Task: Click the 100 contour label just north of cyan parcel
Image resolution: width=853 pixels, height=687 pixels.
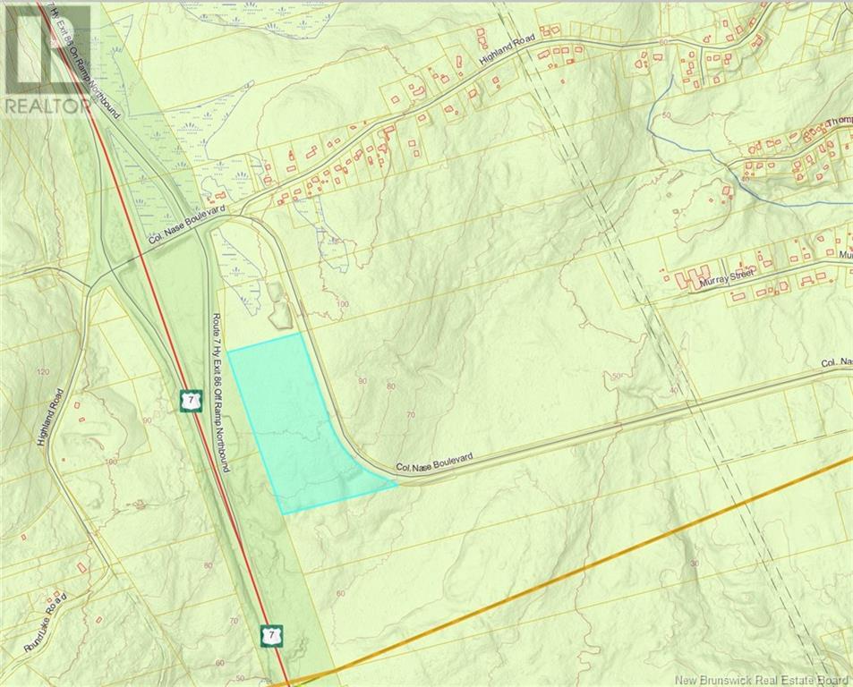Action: point(342,305)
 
